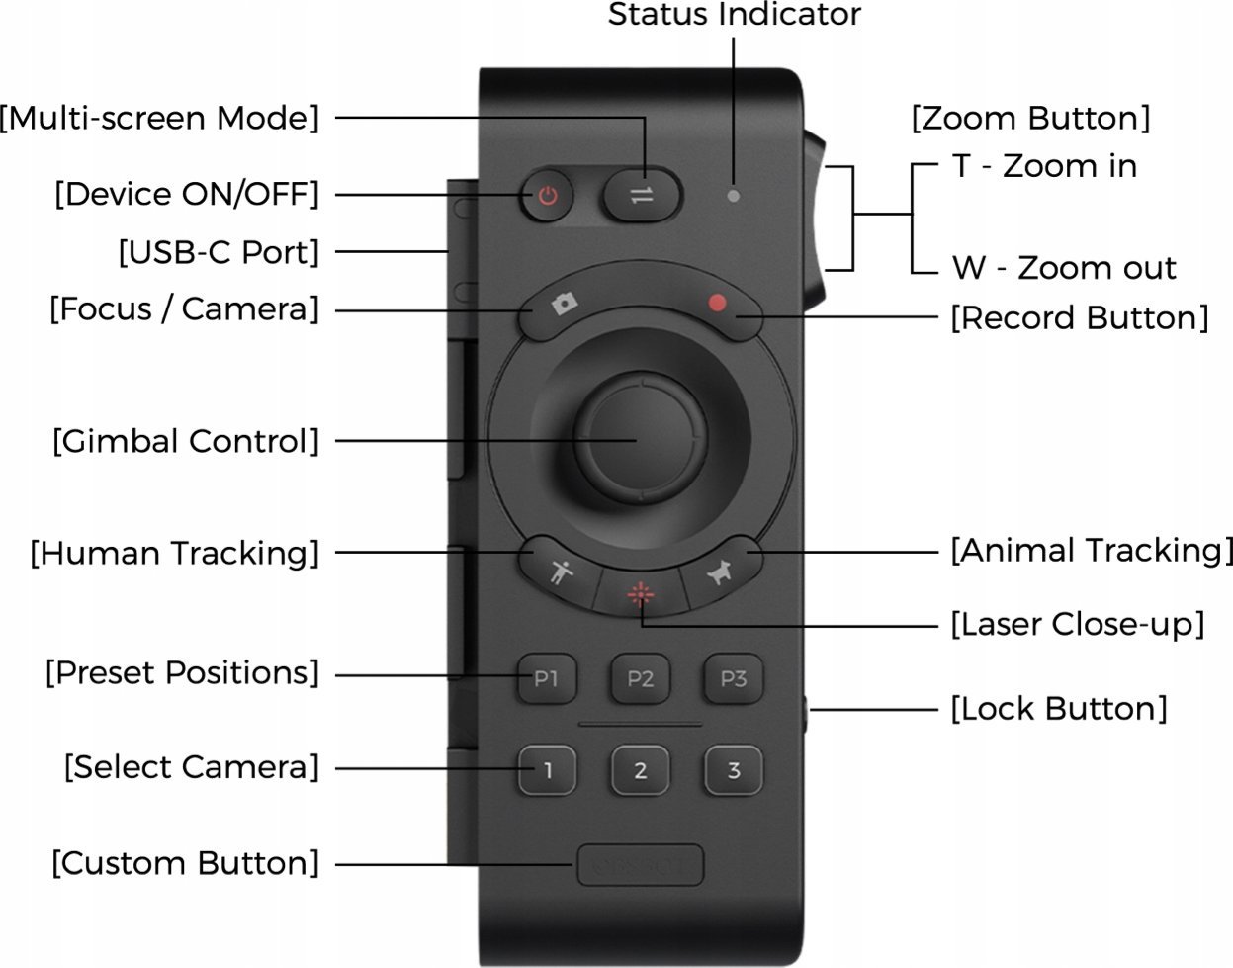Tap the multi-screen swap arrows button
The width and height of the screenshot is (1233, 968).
(x=643, y=195)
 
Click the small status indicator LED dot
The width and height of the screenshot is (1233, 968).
(x=733, y=195)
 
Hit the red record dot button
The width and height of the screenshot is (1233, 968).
(x=719, y=305)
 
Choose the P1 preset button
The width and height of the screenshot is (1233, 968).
(x=547, y=679)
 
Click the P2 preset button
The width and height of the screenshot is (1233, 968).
(x=640, y=679)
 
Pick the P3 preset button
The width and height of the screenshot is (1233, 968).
(x=733, y=679)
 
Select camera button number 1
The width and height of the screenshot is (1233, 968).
(x=547, y=770)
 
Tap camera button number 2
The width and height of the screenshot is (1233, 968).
(x=640, y=770)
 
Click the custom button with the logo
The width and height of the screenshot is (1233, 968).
(x=640, y=865)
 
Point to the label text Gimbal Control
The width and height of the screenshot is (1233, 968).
(x=186, y=441)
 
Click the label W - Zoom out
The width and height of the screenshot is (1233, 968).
(x=1064, y=268)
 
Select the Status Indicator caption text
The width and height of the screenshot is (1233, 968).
(x=734, y=15)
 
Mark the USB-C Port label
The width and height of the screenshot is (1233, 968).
(x=219, y=252)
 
